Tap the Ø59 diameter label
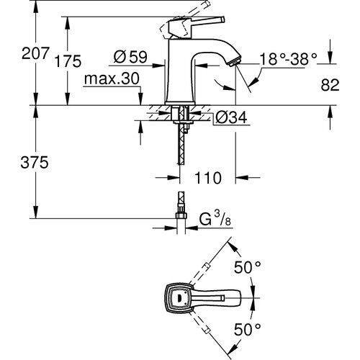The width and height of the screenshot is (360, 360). [x=130, y=55]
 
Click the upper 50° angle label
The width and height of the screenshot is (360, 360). [x=248, y=267]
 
